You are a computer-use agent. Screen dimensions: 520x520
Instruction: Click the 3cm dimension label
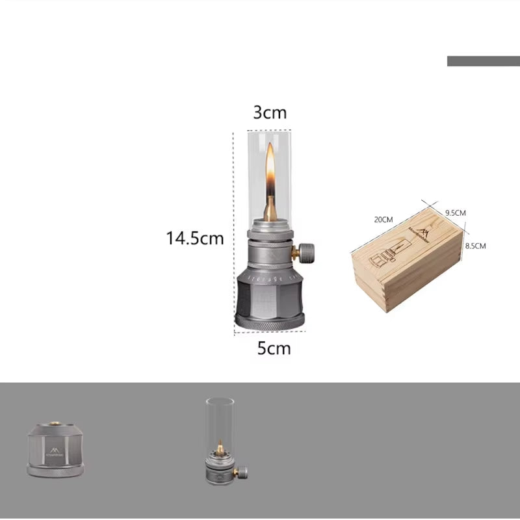point(270,112)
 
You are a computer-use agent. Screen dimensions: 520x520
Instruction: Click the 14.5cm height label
point(194,239)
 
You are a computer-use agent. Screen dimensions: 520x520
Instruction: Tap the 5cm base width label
point(274,348)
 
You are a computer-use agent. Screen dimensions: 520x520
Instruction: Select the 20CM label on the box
point(383,219)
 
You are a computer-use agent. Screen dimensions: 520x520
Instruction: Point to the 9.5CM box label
point(455,213)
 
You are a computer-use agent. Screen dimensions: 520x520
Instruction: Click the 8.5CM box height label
point(475,246)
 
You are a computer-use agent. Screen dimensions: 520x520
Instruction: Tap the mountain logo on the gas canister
point(53,449)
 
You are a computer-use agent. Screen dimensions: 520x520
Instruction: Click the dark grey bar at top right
point(483,61)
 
